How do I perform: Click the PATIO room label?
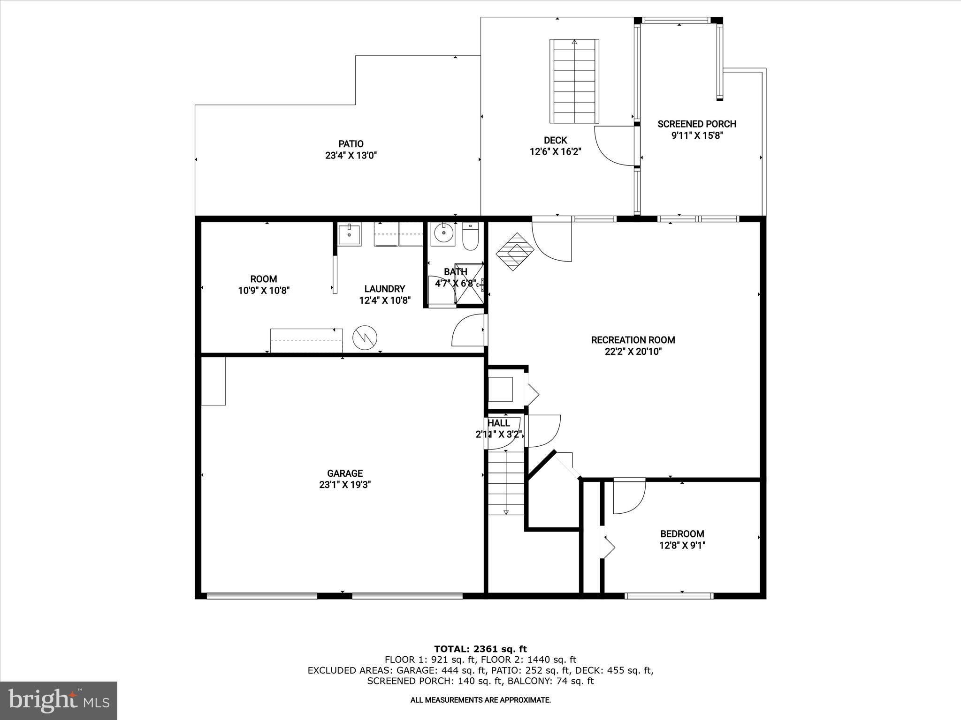351,144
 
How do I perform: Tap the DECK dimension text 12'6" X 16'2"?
556,151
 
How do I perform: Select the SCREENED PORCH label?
696,124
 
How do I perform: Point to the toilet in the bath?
470,236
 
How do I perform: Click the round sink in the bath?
442,233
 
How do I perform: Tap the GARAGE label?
345,473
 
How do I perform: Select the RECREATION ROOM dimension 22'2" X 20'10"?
633,352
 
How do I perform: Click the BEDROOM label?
682,533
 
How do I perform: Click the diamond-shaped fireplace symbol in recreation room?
515,252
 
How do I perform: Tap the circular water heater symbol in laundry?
365,337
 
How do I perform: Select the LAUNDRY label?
385,289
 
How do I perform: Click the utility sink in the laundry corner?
349,233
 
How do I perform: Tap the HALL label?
499,423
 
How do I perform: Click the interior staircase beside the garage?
506,483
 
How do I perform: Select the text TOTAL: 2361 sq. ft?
480,649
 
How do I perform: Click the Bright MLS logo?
59,700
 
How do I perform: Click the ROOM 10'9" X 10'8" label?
263,285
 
